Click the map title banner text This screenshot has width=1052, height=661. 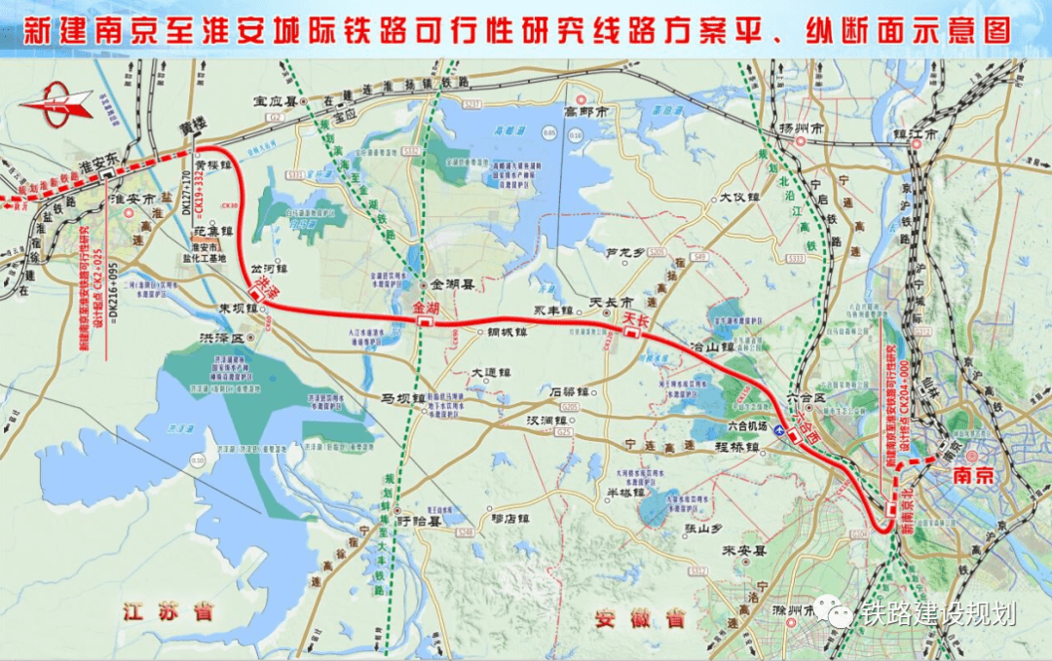526,28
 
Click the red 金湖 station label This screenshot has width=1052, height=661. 427,308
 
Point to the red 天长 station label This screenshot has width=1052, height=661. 635,319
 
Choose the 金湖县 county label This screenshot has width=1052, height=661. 452,285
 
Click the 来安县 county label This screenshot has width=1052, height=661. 740,550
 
